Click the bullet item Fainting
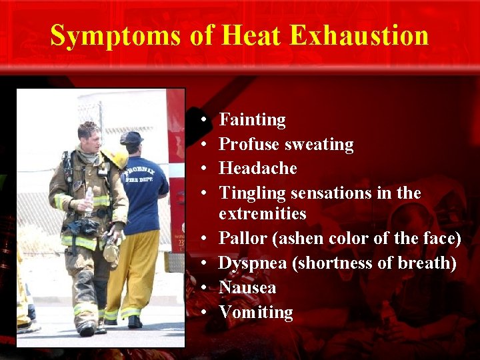click(x=252, y=120)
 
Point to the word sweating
click(x=319, y=145)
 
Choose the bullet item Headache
click(x=257, y=169)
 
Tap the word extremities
click(x=262, y=214)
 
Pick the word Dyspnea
click(x=253, y=263)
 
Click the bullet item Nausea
click(x=247, y=288)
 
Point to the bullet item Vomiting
click(x=255, y=312)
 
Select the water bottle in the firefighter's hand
click(x=89, y=199)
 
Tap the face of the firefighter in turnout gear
click(x=91, y=139)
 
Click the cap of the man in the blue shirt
click(x=131, y=137)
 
